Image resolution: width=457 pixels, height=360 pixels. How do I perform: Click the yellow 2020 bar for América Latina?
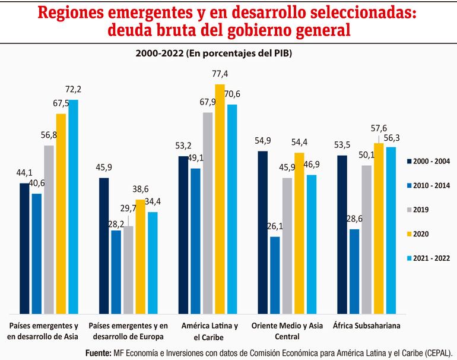point(220,199)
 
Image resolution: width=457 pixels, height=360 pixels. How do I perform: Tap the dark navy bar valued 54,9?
point(263,232)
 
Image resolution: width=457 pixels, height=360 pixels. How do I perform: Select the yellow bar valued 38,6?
point(140,256)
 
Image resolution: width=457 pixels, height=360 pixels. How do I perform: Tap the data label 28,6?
point(354,219)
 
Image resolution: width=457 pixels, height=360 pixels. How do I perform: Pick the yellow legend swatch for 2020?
point(410,234)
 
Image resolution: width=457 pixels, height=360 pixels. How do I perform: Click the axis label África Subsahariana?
point(366,326)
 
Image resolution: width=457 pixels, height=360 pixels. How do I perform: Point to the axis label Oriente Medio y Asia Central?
point(287,331)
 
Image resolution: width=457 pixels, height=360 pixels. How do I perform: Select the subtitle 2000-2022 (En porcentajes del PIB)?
point(214,53)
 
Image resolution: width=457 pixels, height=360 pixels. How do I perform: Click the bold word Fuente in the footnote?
point(99,352)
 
